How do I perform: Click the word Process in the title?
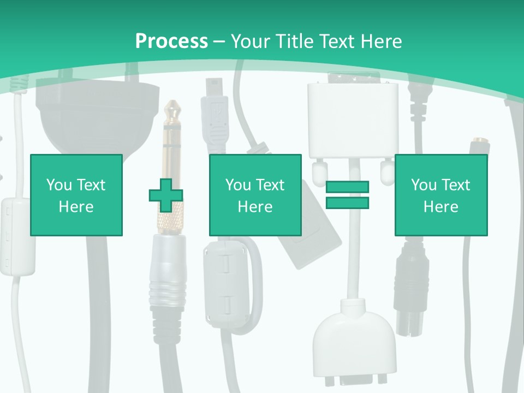(x=171, y=41)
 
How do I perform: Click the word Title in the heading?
(x=295, y=41)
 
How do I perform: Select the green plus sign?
(x=165, y=195)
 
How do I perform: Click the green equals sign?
(x=347, y=195)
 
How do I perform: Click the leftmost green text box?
(x=76, y=195)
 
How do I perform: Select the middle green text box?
(x=255, y=195)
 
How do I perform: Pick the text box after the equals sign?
(x=441, y=195)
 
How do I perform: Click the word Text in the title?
(x=334, y=41)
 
